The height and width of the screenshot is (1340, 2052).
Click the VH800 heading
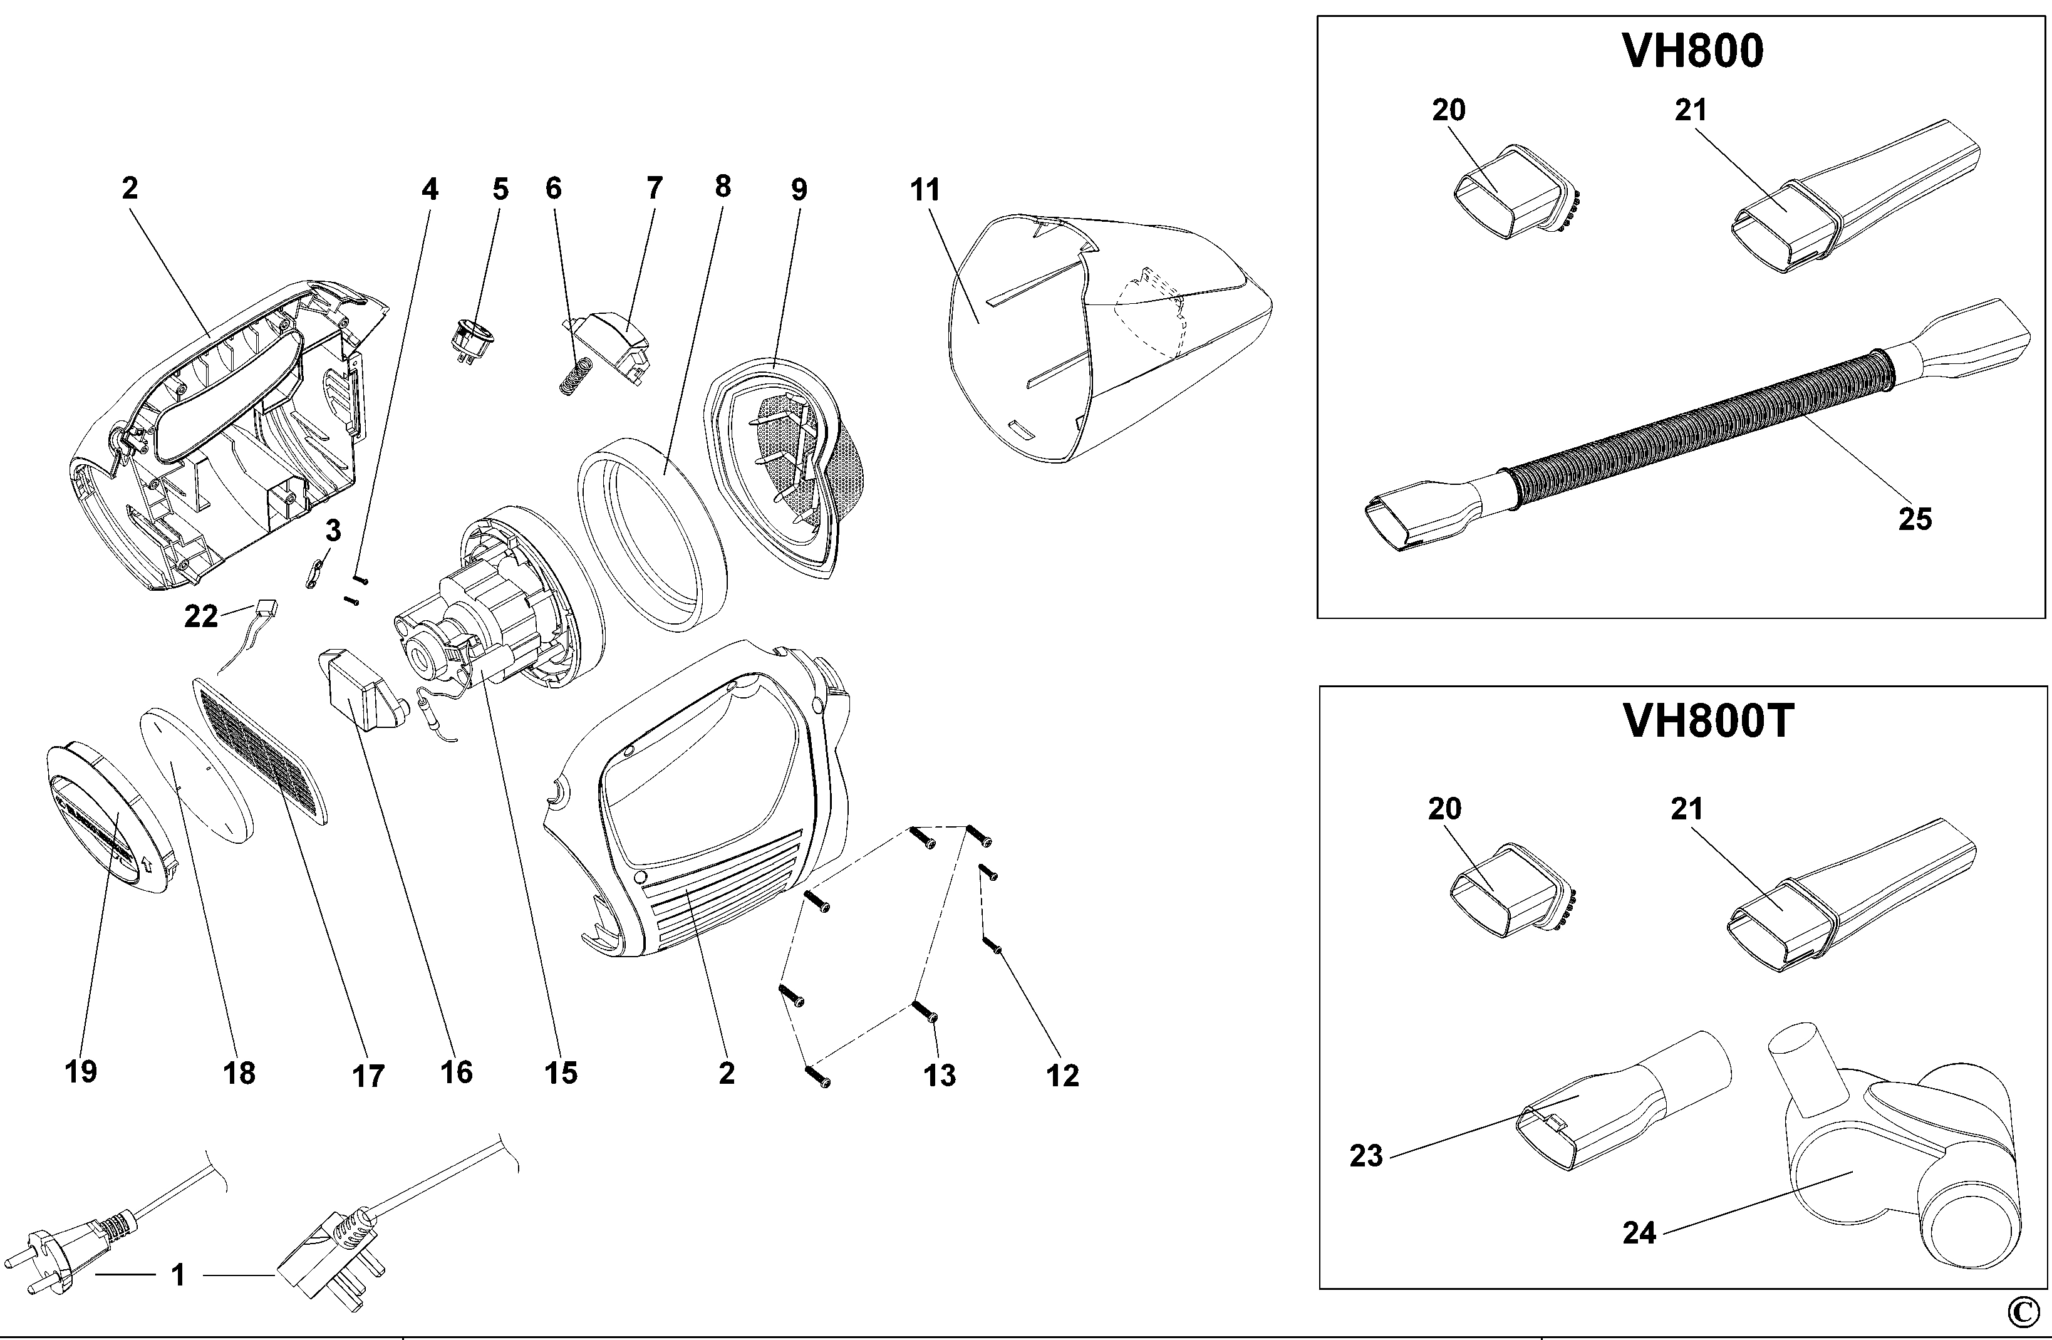(x=1693, y=52)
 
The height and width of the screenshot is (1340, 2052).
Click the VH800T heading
(x=1708, y=721)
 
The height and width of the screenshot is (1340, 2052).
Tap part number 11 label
(x=925, y=190)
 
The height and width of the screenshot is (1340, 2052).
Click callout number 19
(x=81, y=1072)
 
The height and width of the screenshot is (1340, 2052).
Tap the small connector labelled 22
(x=267, y=607)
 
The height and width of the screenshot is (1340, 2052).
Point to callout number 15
(x=561, y=1073)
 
